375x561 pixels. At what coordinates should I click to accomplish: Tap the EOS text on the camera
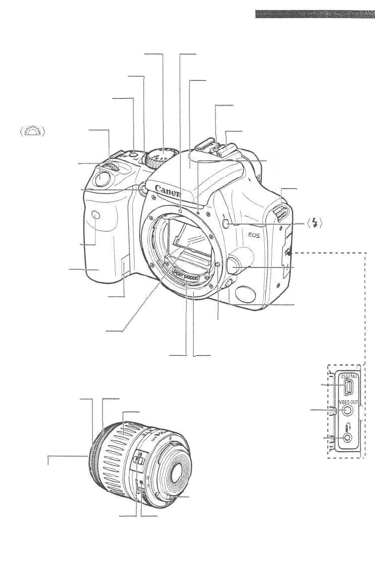[x=255, y=235]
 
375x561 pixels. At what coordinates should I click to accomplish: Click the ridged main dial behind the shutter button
[x=111, y=167]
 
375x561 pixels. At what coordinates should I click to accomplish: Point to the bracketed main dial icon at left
[x=32, y=130]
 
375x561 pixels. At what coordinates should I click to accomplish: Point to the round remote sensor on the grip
[x=95, y=214]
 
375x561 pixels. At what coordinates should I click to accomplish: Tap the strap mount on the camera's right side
[x=279, y=213]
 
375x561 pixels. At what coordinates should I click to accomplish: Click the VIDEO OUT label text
[x=348, y=402]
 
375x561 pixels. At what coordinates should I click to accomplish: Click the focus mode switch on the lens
[x=138, y=458]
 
